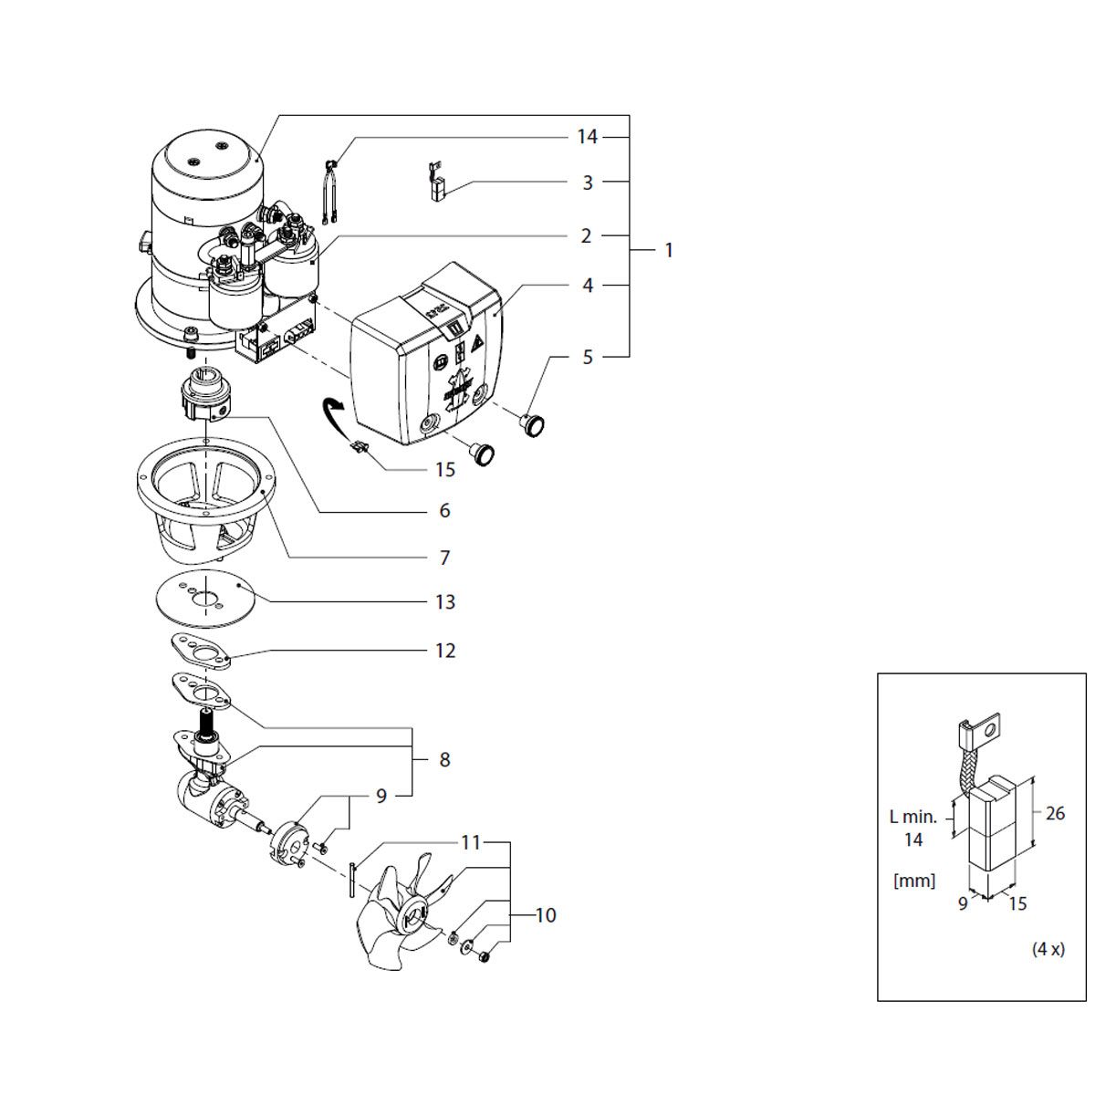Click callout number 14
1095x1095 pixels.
click(587, 137)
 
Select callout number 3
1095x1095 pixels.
click(588, 183)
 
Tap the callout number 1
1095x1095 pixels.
click(669, 251)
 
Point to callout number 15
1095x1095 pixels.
click(445, 470)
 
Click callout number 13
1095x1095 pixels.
click(445, 601)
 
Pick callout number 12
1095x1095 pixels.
click(445, 651)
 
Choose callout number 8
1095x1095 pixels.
click(444, 760)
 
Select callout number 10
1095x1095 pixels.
click(546, 915)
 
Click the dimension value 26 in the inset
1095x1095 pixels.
click(1055, 813)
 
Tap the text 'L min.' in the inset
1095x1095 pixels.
click(912, 817)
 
